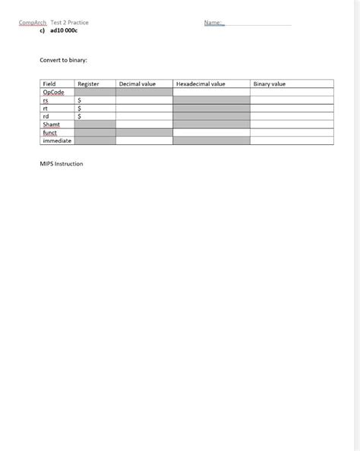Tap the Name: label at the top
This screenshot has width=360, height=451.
[213, 23]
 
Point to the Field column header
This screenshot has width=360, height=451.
[49, 84]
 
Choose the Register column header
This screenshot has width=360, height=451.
[88, 84]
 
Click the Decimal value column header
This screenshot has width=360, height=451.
[137, 84]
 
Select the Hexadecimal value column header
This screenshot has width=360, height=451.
[201, 84]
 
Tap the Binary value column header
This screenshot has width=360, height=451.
[269, 84]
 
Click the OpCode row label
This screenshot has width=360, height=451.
[53, 92]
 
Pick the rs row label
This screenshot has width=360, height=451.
[46, 100]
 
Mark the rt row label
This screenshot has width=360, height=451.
[46, 108]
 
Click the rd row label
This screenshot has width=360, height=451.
[46, 116]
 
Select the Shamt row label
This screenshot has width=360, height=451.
[52, 125]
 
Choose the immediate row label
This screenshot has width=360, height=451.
[57, 140]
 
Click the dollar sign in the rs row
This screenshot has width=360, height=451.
[80, 100]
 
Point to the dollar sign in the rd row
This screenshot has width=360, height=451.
[80, 116]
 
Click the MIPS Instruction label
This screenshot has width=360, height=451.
[62, 164]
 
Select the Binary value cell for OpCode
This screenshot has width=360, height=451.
[292, 92]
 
